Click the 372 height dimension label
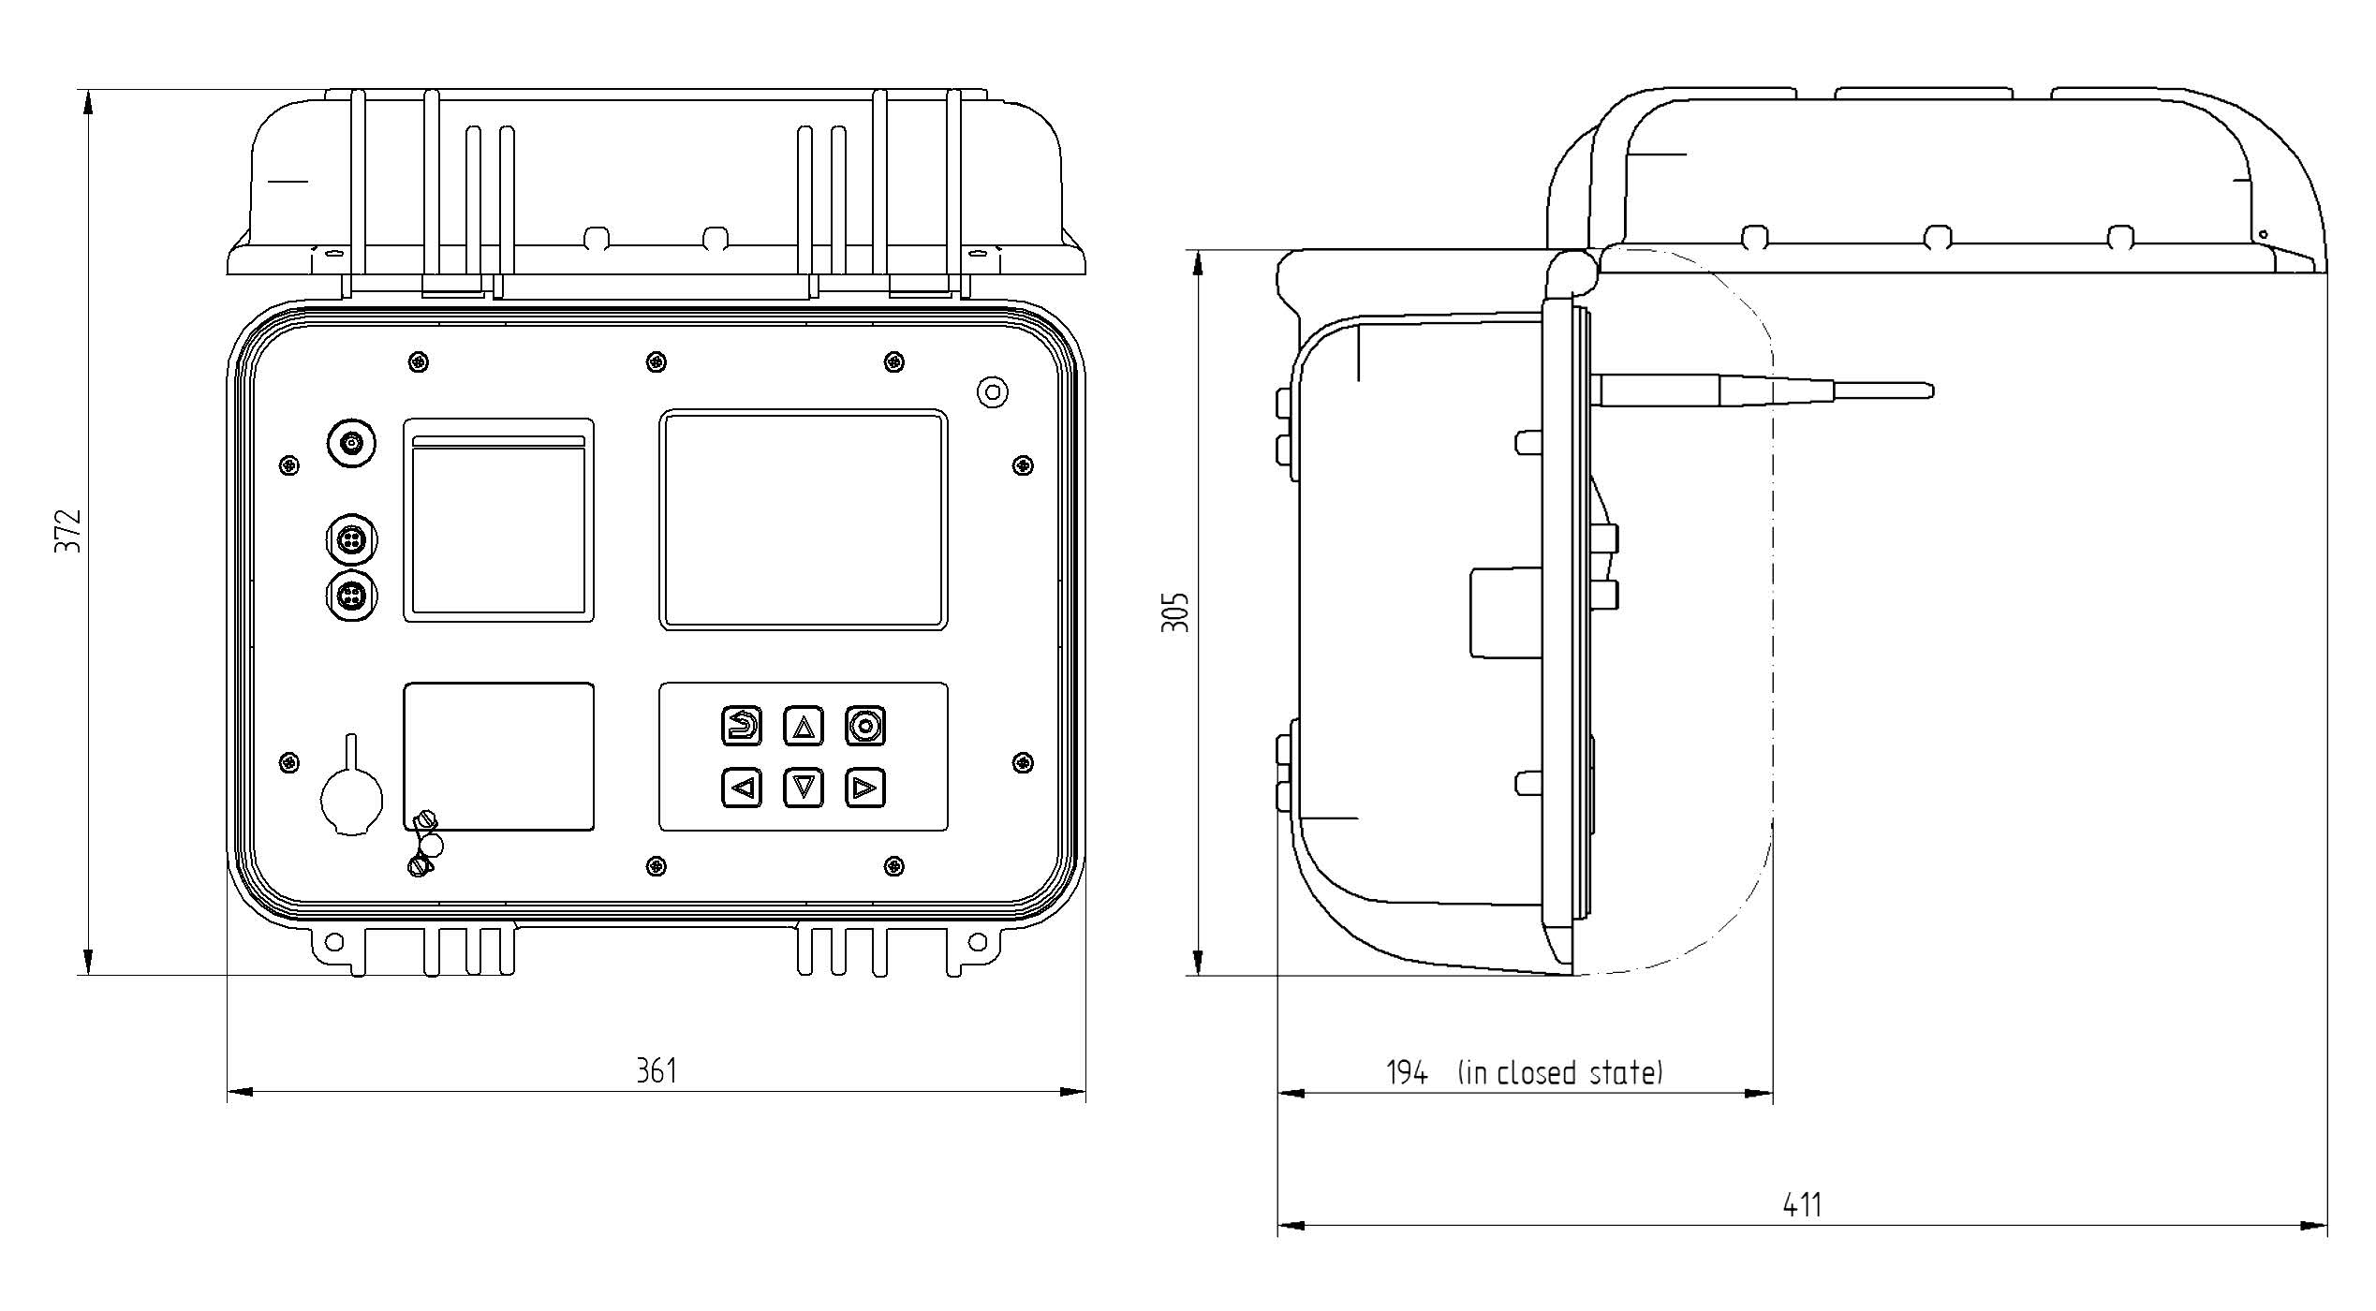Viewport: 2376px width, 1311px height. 68,531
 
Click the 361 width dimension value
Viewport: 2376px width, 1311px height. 657,1070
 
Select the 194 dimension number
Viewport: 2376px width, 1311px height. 1407,1072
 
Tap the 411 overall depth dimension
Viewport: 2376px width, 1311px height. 1802,1204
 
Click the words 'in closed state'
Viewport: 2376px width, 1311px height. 1560,1072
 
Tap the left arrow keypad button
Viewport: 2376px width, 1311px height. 742,788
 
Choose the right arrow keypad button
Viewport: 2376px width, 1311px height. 865,788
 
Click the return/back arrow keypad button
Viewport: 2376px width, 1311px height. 742,726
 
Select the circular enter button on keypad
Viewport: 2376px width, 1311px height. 865,726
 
